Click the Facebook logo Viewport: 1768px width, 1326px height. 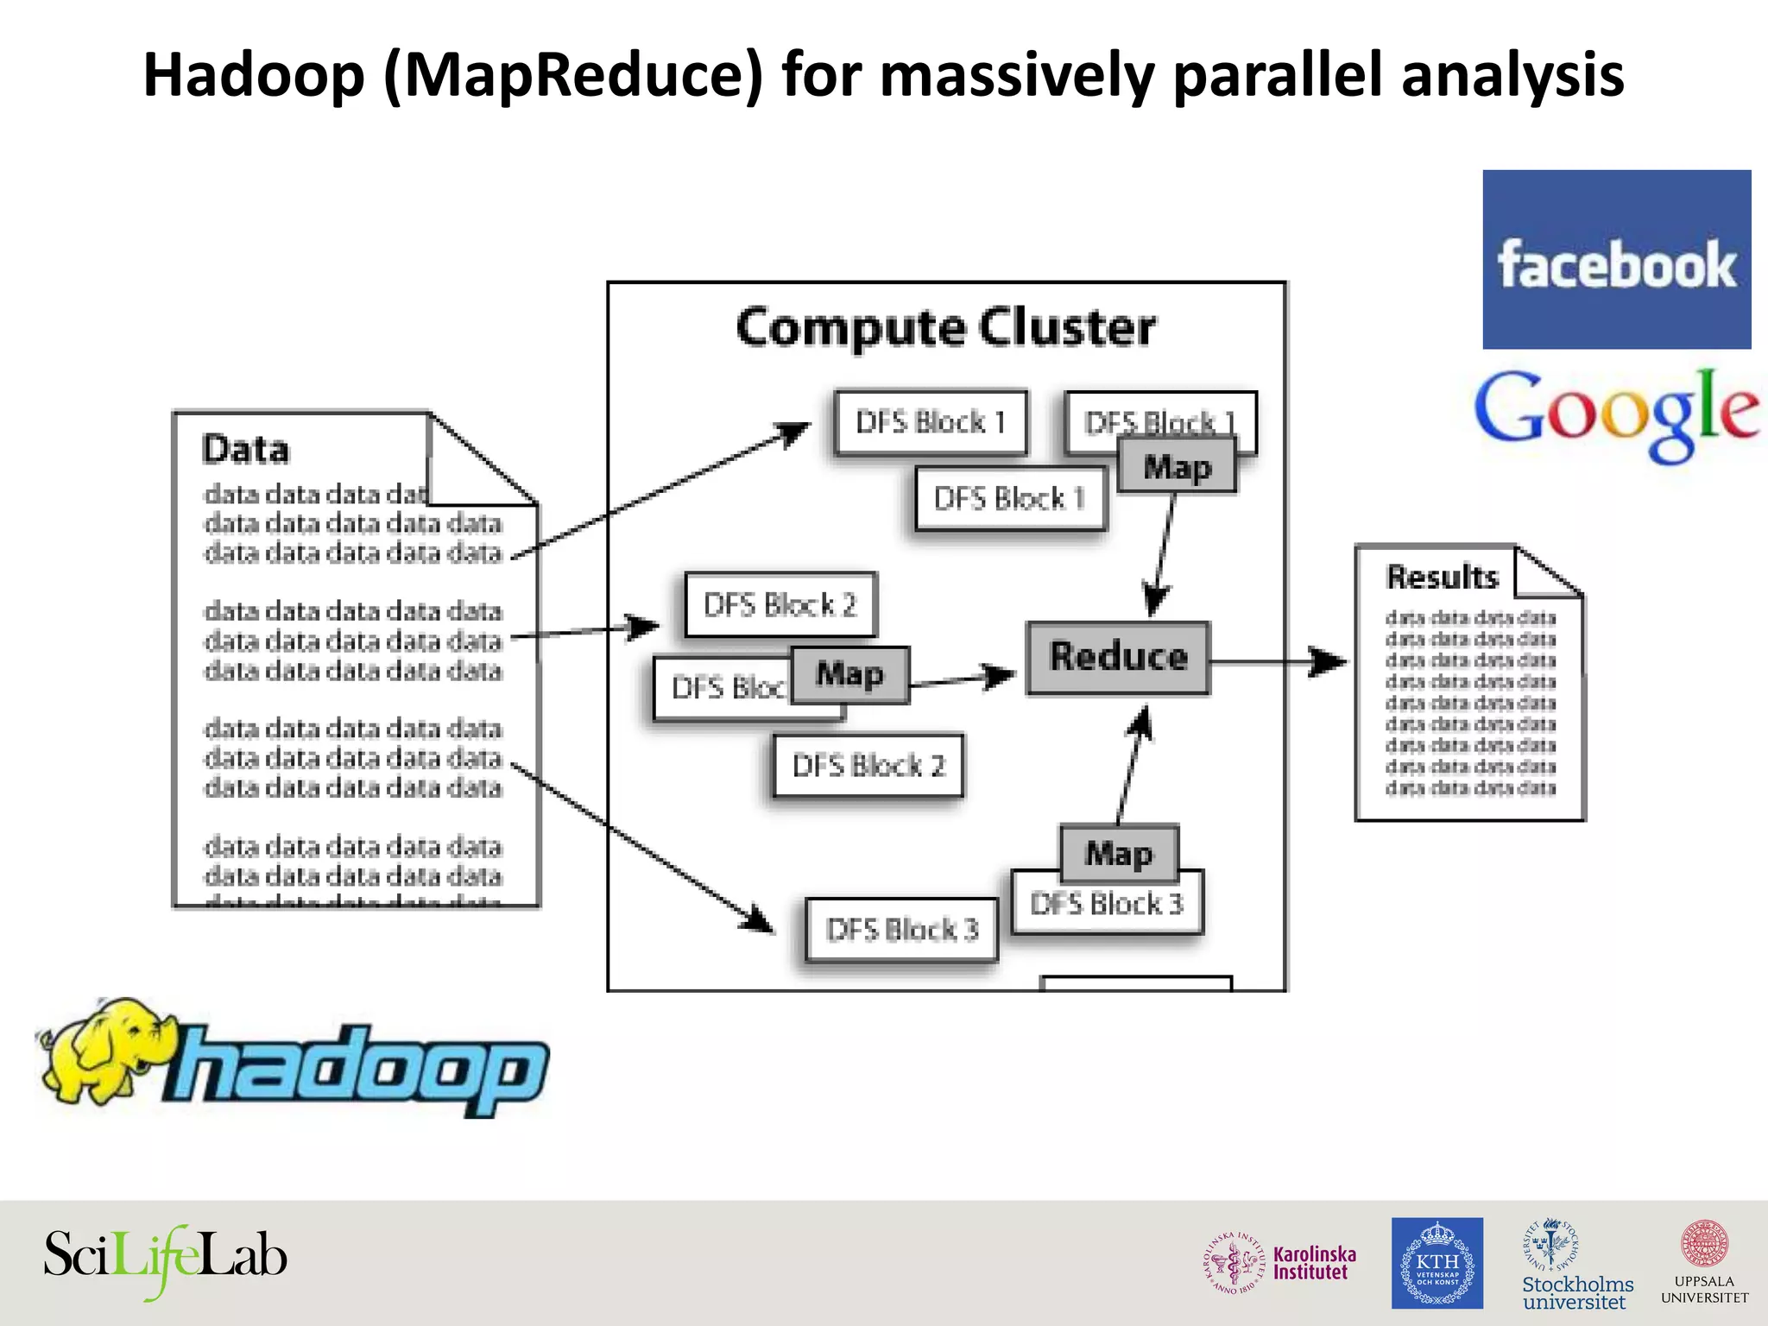pos(1616,260)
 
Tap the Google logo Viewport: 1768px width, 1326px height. pos(1616,413)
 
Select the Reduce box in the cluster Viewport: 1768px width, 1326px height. pos(1118,658)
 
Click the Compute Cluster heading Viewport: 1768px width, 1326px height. pos(945,329)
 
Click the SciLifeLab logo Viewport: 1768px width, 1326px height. pos(165,1258)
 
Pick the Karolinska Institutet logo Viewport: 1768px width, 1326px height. pos(1280,1263)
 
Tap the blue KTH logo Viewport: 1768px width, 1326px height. pos(1436,1263)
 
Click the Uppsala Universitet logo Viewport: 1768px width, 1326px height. pos(1704,1263)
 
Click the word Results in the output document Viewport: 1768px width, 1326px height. pos(1442,578)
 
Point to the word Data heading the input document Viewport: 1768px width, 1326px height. pos(245,451)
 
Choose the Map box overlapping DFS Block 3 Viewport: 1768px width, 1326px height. pos(1119,852)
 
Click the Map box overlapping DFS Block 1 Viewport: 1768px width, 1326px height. pos(1177,467)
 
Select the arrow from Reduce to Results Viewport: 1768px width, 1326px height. pos(1278,662)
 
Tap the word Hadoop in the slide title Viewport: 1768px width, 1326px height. pos(255,76)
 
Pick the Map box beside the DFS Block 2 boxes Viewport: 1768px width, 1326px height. pos(850,674)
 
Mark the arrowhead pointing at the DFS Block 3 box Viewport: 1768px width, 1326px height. pos(758,919)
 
